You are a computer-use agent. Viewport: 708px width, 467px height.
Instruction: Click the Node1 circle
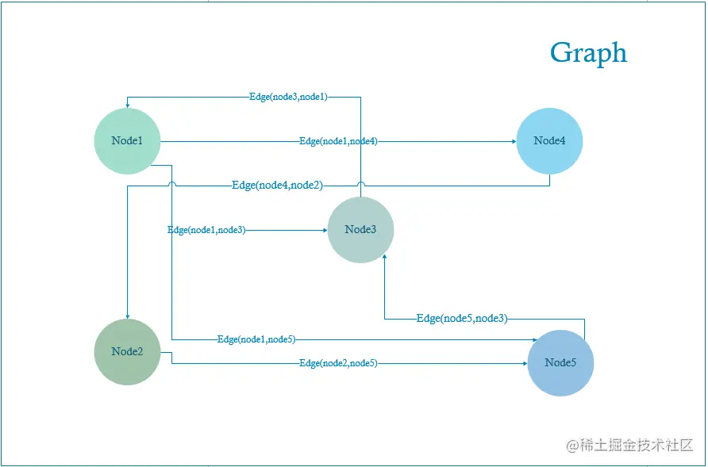pyautogui.click(x=127, y=141)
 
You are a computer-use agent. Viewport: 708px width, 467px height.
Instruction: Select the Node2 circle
pyautogui.click(x=127, y=351)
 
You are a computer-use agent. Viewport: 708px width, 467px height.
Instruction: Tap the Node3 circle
pyautogui.click(x=360, y=230)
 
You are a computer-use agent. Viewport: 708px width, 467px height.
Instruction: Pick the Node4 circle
pyautogui.click(x=549, y=141)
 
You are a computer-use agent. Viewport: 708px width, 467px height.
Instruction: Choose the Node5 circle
pyautogui.click(x=560, y=362)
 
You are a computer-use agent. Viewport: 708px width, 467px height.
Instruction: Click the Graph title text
pyautogui.click(x=588, y=53)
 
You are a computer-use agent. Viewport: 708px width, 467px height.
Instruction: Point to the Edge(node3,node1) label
pyautogui.click(x=288, y=97)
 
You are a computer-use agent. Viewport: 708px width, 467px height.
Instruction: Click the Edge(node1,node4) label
pyautogui.click(x=338, y=141)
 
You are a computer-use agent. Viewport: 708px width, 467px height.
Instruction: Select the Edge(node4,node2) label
pyautogui.click(x=277, y=186)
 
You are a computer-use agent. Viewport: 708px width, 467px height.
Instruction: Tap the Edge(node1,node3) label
pyautogui.click(x=206, y=230)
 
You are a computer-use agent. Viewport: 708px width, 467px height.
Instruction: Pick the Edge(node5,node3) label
pyautogui.click(x=462, y=319)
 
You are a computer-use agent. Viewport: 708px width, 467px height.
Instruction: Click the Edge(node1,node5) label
pyautogui.click(x=256, y=339)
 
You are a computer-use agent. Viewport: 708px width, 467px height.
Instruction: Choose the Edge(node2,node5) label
pyautogui.click(x=338, y=363)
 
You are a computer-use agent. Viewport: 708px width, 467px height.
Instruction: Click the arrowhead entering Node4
pyautogui.click(x=513, y=141)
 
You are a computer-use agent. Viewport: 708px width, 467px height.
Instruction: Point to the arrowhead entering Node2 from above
pyautogui.click(x=127, y=315)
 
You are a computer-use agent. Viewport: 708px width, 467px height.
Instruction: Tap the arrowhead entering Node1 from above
pyautogui.click(x=127, y=105)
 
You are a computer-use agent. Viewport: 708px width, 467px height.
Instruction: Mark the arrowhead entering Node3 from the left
pyautogui.click(x=325, y=230)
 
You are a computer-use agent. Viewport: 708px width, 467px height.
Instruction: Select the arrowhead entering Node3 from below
pyautogui.click(x=385, y=258)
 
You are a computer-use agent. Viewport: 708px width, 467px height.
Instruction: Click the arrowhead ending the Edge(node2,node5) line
pyautogui.click(x=525, y=363)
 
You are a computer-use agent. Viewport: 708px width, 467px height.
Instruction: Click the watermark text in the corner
pyautogui.click(x=630, y=446)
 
